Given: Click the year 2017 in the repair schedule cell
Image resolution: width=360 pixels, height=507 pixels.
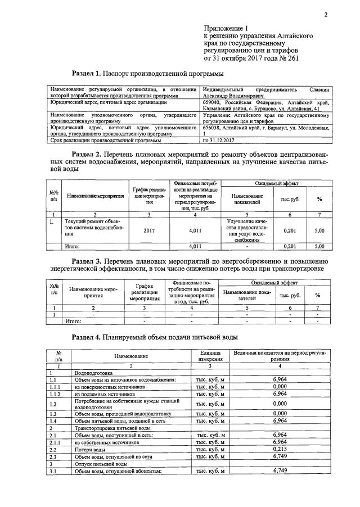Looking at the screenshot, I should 149,230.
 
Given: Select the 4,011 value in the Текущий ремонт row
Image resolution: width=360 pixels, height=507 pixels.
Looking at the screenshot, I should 195,230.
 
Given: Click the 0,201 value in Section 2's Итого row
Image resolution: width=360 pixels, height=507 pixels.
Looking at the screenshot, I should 290,246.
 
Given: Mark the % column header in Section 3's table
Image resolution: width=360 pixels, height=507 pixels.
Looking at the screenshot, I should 318,295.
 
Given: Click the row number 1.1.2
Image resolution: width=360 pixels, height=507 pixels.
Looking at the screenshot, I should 55,394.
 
